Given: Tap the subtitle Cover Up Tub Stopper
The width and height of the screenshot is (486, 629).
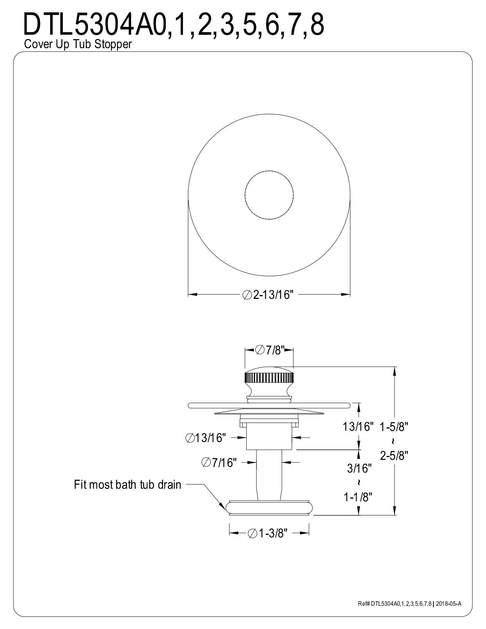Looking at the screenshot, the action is tap(78, 44).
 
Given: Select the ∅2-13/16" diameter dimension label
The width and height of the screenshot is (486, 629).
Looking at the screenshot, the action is tap(268, 295).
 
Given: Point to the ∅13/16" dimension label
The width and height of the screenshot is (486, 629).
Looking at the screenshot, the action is tap(205, 438).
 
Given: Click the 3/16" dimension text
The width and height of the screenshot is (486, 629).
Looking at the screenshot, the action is tap(359, 468).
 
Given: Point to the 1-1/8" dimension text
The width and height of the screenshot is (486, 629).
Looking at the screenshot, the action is tap(358, 497).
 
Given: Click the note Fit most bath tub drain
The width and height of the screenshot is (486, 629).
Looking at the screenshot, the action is tap(127, 484).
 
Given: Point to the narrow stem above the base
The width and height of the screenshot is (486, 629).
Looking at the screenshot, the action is tap(269, 475).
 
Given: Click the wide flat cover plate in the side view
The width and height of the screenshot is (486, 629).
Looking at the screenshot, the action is tap(269, 405).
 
